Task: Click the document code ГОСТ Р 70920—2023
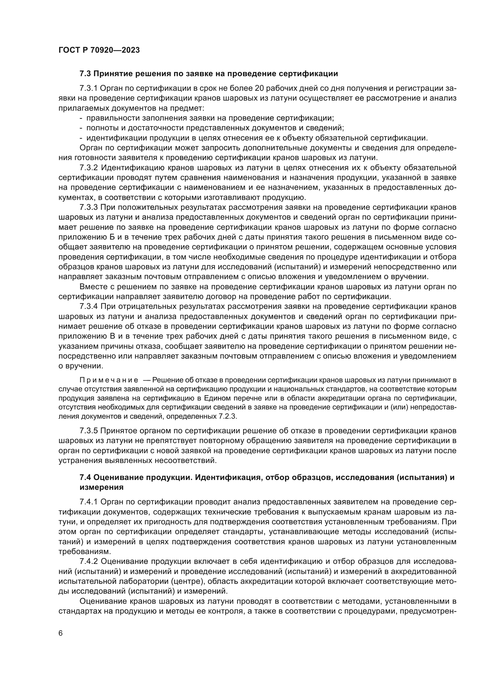coord(99,50)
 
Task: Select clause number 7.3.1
coord(88,88)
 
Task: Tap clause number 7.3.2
coord(88,168)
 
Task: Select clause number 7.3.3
coord(88,208)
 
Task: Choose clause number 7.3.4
coord(88,307)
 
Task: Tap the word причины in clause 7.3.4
coord(120,346)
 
